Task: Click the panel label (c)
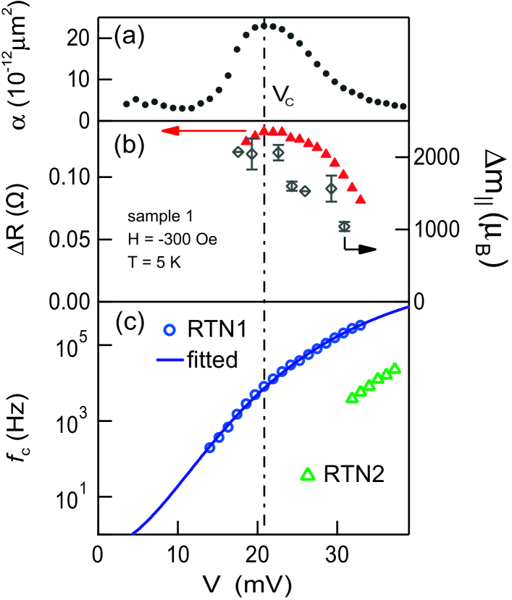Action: pos(130,324)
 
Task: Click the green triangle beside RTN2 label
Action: pos(308,474)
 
